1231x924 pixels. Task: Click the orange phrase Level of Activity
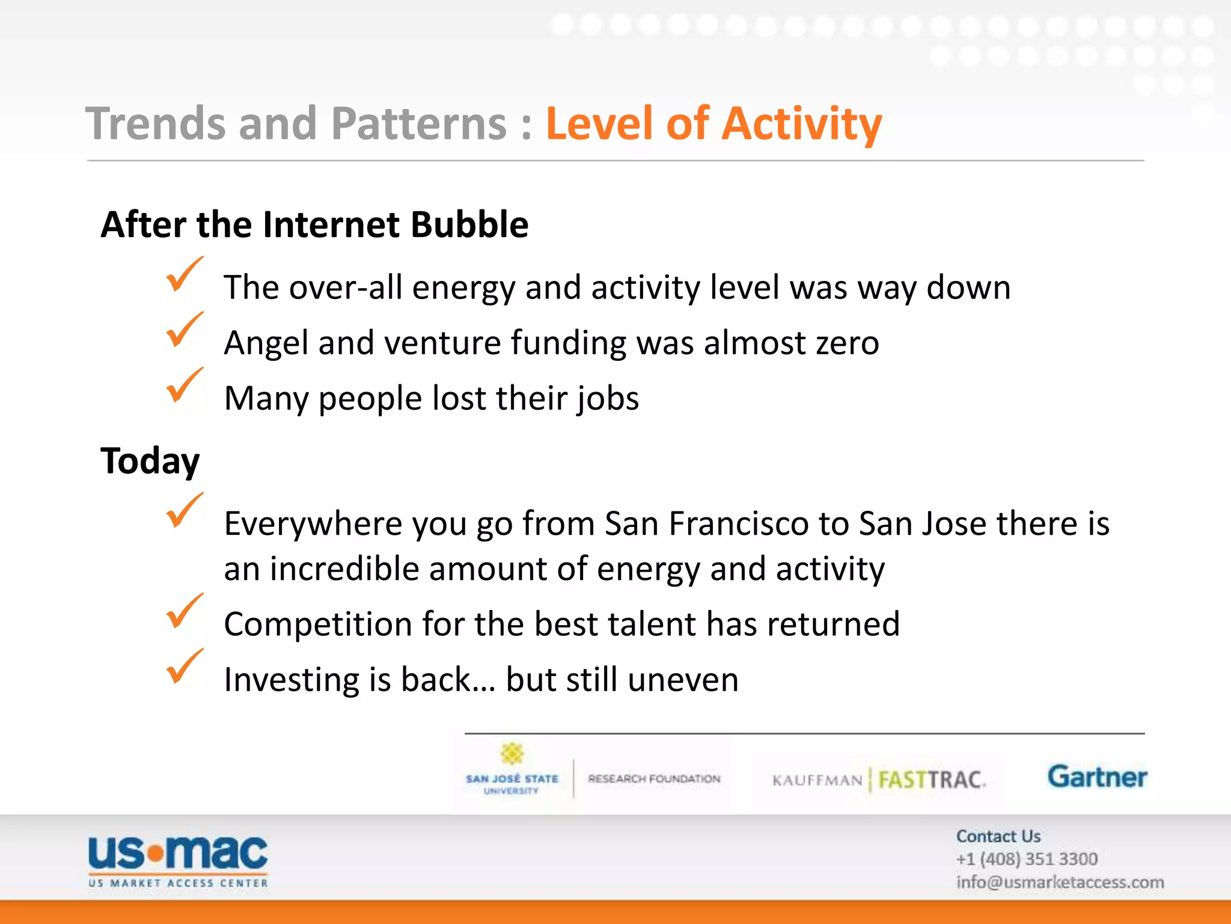click(713, 124)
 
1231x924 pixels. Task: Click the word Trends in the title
click(155, 124)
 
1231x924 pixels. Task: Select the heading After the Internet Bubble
click(314, 224)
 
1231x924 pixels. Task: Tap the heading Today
click(150, 461)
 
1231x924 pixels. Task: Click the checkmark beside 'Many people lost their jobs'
click(183, 386)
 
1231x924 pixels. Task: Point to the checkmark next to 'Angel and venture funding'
click(183, 330)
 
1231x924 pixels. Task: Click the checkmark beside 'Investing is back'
click(183, 667)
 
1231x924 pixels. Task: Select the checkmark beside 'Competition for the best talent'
click(183, 612)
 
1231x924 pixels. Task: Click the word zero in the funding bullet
click(847, 343)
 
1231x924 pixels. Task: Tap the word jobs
click(608, 399)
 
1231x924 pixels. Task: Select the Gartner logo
click(1097, 777)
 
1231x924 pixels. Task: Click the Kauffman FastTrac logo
click(878, 780)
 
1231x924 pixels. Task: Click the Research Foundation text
click(654, 779)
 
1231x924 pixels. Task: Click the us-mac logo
click(178, 860)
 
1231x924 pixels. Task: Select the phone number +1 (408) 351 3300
click(1027, 859)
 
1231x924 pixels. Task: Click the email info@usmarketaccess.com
click(1060, 882)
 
